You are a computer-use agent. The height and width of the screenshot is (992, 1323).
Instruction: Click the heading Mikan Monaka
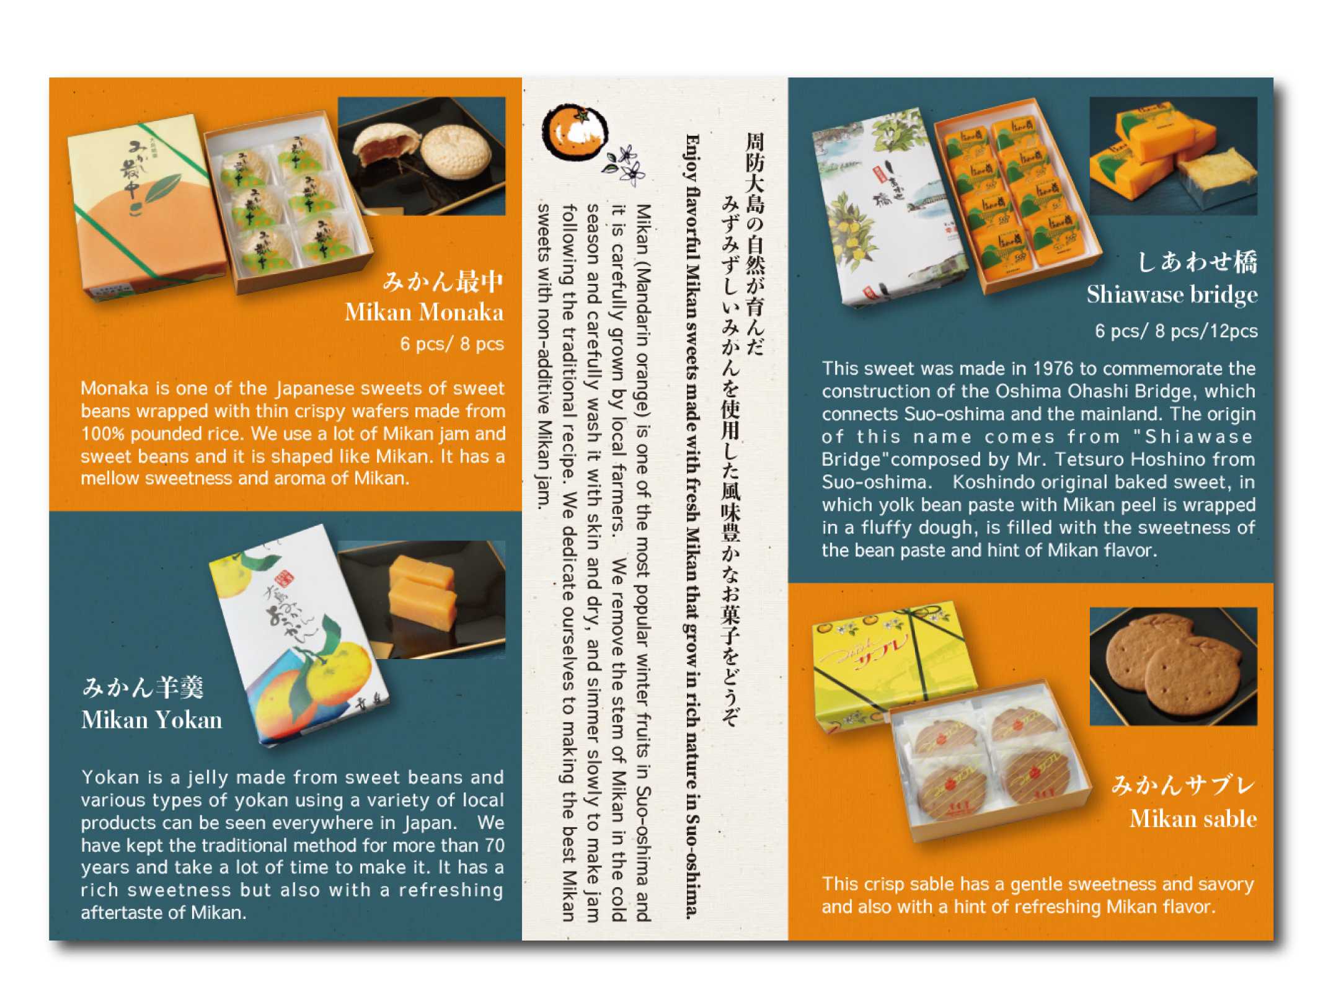pos(424,312)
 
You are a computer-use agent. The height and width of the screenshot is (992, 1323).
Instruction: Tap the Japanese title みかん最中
pos(443,281)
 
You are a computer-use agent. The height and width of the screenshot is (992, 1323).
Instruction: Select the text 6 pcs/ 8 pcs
pos(452,343)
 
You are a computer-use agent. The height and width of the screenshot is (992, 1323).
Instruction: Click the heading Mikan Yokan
pos(151,720)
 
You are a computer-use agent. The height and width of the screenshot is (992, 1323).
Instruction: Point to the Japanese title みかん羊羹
pos(143,687)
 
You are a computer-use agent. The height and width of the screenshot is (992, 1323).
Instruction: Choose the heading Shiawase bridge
pos(1172,294)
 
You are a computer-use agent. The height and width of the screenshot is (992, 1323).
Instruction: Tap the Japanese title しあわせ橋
pos(1197,262)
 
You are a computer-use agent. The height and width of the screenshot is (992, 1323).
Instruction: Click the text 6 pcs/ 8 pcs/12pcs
pos(1176,331)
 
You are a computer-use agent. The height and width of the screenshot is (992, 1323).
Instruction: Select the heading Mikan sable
pos(1193,819)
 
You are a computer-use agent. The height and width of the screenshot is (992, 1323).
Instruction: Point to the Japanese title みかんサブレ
pos(1184,786)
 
